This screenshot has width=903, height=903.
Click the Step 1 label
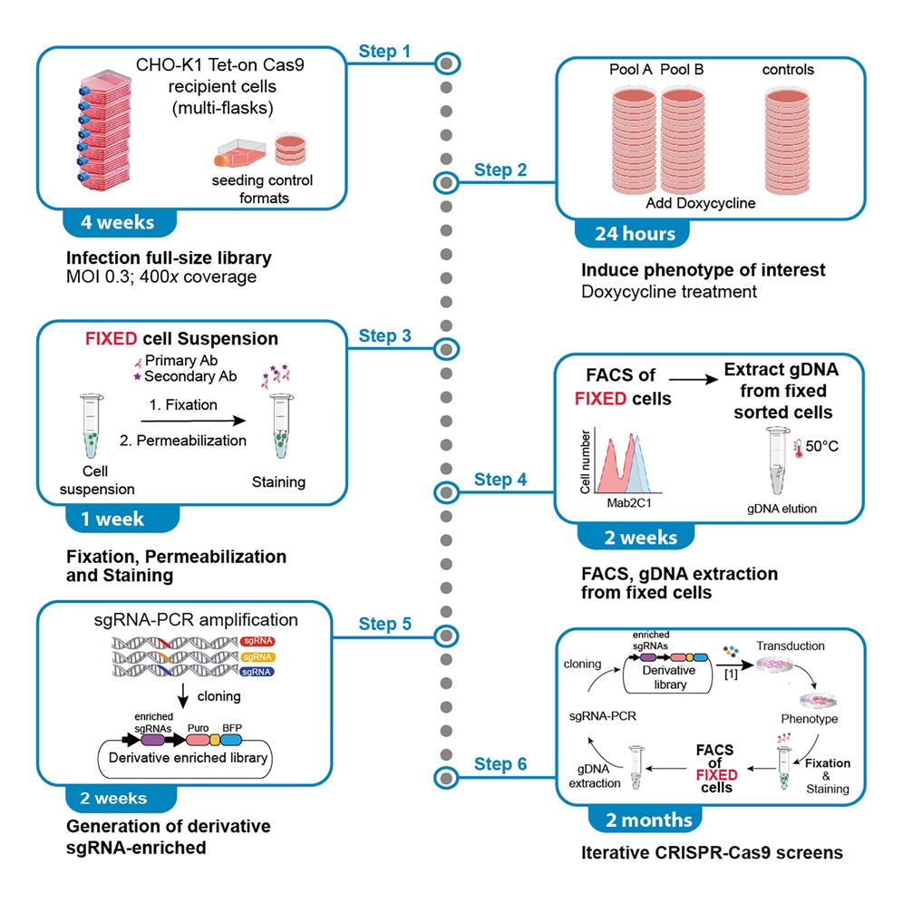(x=385, y=51)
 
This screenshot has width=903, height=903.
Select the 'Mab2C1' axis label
(x=622, y=500)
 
